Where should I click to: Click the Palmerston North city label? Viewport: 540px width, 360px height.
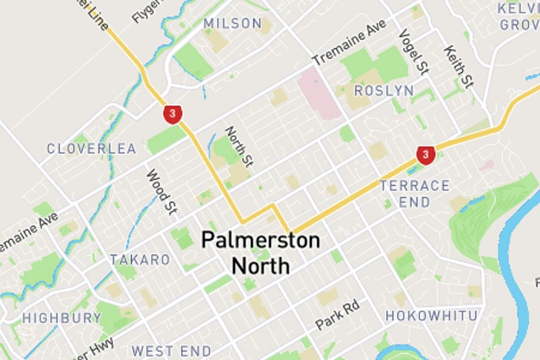click(x=260, y=254)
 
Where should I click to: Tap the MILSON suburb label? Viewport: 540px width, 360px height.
click(x=232, y=23)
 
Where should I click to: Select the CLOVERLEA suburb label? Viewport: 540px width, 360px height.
click(x=91, y=149)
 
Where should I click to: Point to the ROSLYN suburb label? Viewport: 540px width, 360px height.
click(x=384, y=90)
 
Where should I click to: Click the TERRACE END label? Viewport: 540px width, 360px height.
click(x=415, y=194)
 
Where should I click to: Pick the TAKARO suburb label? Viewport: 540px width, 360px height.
click(x=139, y=259)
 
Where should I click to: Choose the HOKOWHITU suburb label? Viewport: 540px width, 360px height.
click(x=431, y=316)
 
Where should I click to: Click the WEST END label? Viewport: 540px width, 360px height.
click(x=172, y=350)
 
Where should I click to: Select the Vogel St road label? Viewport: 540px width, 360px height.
click(x=414, y=52)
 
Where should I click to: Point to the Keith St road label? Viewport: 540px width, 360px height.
click(x=460, y=67)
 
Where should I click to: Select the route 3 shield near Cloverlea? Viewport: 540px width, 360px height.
click(x=172, y=113)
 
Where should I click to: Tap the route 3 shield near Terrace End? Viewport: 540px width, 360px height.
click(x=425, y=155)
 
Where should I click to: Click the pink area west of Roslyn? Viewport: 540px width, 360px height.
click(x=319, y=94)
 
